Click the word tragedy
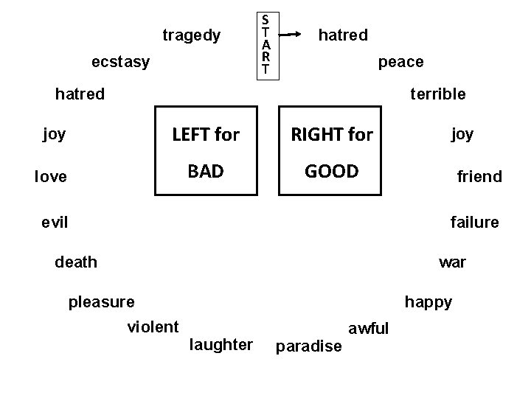tap(191, 35)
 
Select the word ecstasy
tap(120, 62)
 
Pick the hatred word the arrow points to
tap(342, 35)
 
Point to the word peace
tap(400, 62)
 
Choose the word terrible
tap(437, 94)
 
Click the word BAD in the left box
tap(206, 172)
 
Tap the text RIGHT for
tap(332, 134)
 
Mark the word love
tap(51, 177)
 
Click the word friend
tap(479, 177)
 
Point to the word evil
tap(55, 222)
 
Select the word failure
tap(474, 222)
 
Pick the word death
tap(76, 262)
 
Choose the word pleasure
tap(101, 301)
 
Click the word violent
tap(153, 327)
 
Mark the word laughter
tap(221, 344)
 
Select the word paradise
tap(308, 346)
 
